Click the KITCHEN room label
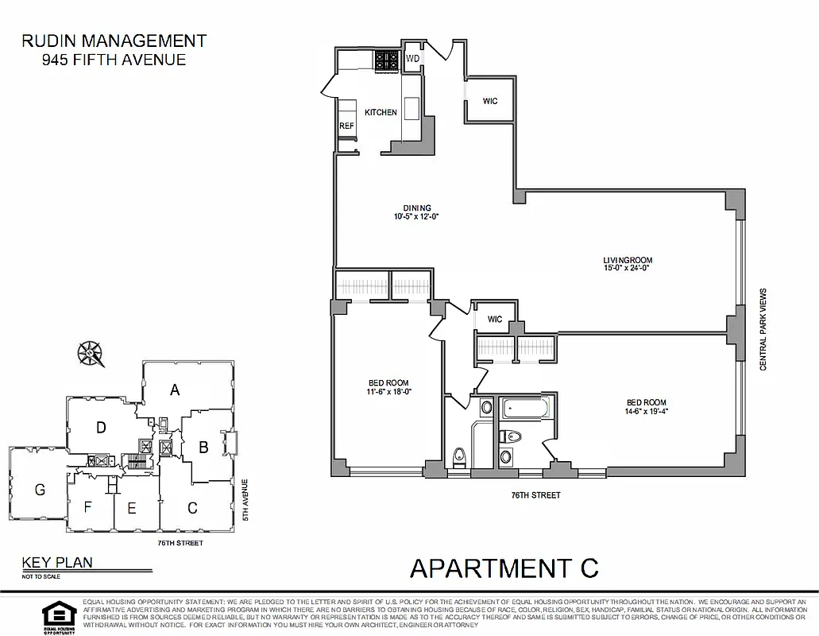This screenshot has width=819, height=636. [x=381, y=112]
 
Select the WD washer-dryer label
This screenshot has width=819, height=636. [x=413, y=59]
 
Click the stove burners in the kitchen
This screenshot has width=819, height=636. [x=387, y=60]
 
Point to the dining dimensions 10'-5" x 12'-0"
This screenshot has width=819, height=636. [x=416, y=216]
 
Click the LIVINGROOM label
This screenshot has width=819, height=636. [x=628, y=260]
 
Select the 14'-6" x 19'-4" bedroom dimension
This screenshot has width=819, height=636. [x=644, y=411]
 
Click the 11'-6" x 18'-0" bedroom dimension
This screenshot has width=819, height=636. [x=389, y=391]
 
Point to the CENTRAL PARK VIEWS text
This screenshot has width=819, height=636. [x=763, y=329]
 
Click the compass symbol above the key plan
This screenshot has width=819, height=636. [x=91, y=352]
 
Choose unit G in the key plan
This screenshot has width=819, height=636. [x=40, y=490]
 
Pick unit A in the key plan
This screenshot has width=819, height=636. [x=176, y=390]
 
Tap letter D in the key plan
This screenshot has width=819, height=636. [x=101, y=428]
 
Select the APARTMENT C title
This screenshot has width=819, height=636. [x=504, y=568]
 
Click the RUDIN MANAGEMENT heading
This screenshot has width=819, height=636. [x=114, y=41]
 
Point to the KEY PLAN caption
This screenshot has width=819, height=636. [x=57, y=562]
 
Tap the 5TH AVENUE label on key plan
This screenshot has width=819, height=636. [x=245, y=499]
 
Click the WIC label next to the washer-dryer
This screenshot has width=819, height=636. [x=490, y=101]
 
